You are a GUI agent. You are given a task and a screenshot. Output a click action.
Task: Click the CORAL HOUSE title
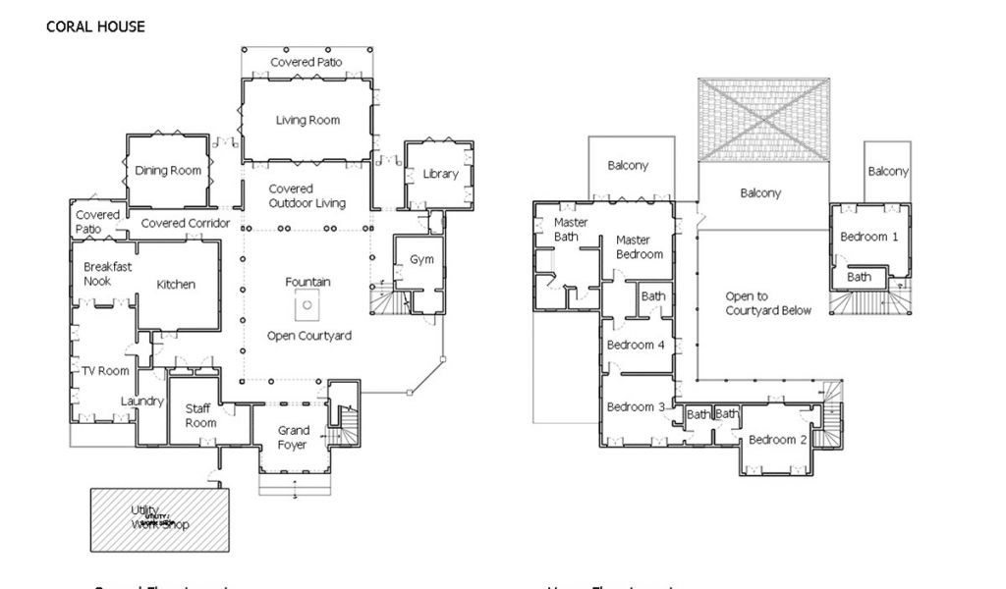point(95,27)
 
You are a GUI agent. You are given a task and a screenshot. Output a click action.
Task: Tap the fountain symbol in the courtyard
point(307,305)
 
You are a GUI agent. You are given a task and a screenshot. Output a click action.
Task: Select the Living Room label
point(307,121)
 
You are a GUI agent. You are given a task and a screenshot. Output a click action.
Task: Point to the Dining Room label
point(168,170)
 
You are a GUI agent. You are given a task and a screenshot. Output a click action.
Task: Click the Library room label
point(441,174)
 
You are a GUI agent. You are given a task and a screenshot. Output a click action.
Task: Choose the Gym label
point(421,259)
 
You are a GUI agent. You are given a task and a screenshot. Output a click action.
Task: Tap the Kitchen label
point(176,285)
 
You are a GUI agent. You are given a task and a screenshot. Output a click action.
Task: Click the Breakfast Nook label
point(108,274)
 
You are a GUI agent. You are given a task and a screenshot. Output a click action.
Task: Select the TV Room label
point(106,371)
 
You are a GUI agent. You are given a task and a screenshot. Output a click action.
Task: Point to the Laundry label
point(141,401)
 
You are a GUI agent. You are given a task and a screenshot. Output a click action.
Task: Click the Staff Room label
point(200,415)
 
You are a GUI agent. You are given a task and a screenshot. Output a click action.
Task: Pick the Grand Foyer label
point(293,437)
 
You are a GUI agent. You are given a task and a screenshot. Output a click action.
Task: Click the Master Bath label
point(571,230)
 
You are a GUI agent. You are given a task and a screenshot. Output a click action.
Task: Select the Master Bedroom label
point(639,246)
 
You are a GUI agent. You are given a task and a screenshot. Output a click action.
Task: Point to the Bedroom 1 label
point(868,237)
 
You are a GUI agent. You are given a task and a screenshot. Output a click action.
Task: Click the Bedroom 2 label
point(777,440)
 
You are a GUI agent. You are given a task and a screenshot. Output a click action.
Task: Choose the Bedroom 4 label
point(636,345)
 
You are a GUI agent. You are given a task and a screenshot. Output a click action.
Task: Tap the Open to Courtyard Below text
point(768,303)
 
